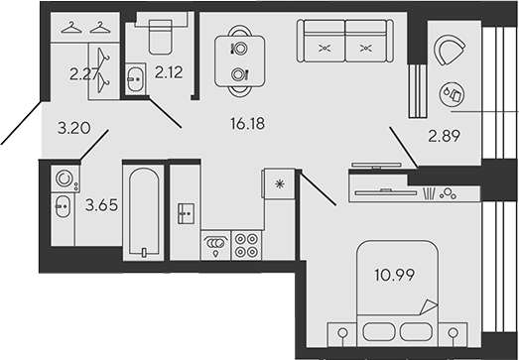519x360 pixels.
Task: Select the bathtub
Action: pos(143,212)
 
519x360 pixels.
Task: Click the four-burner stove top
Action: pos(244,244)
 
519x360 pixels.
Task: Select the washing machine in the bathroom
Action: pos(65,180)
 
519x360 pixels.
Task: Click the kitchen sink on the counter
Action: pos(184,211)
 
